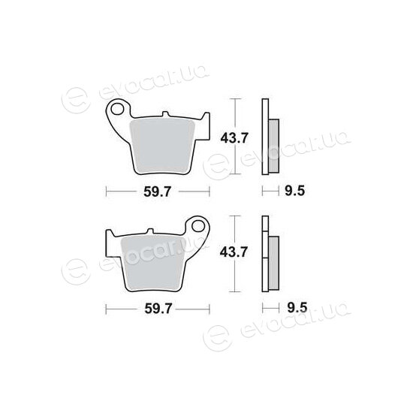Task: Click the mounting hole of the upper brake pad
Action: (118, 109)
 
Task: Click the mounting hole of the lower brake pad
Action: (198, 226)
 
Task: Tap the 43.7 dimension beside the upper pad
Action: (234, 138)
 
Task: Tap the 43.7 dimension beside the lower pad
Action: (234, 252)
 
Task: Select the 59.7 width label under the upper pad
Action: (157, 191)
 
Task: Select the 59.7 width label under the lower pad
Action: (158, 309)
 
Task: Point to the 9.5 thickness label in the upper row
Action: (295, 191)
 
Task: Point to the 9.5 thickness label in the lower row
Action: (297, 307)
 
